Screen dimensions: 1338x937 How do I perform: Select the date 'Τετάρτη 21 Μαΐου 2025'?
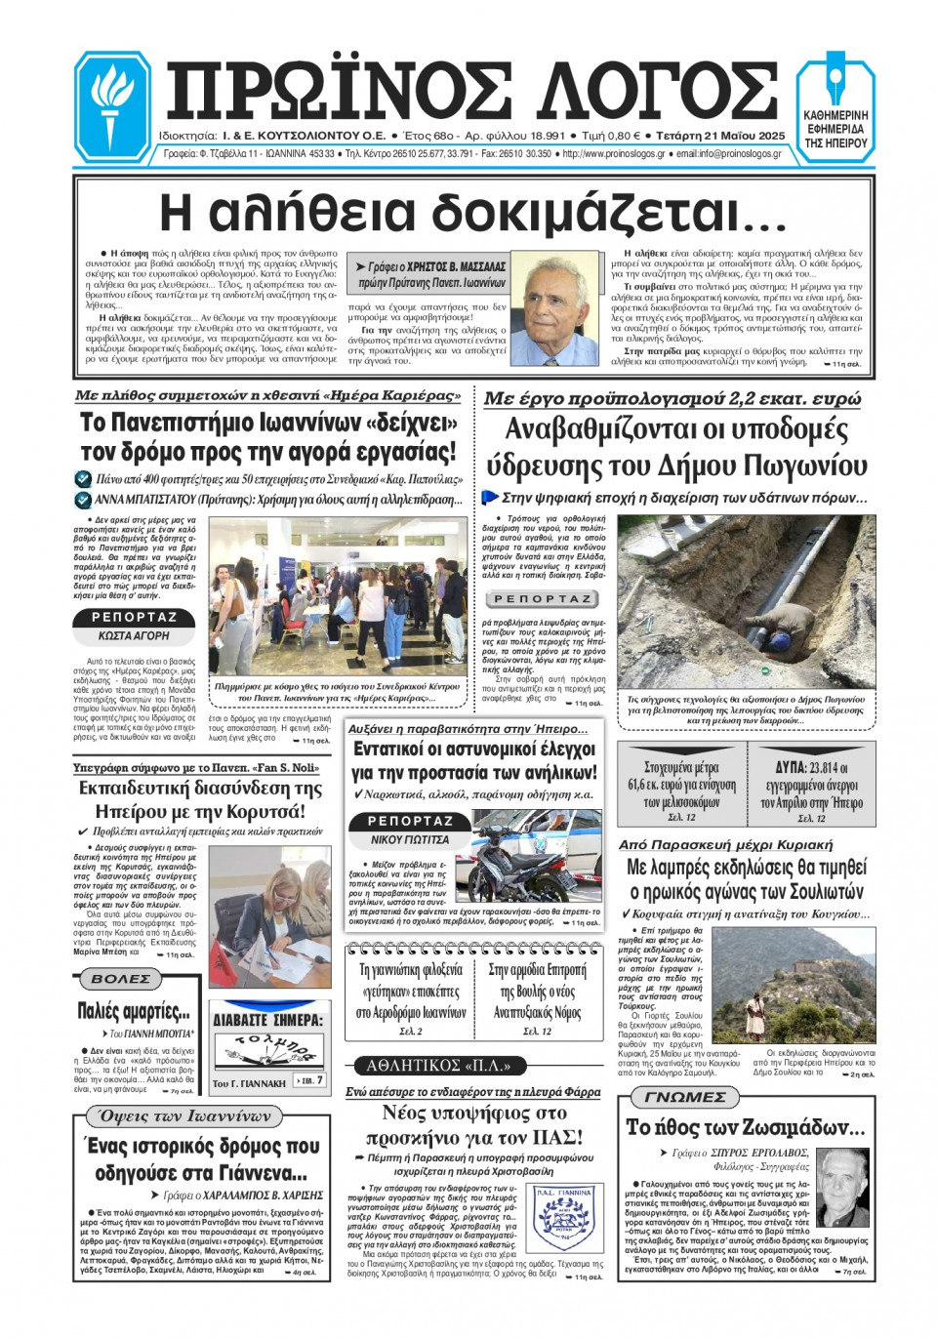720,136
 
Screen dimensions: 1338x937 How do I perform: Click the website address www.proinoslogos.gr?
614,154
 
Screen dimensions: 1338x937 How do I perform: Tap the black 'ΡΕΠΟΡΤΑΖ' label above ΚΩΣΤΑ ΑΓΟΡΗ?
134,618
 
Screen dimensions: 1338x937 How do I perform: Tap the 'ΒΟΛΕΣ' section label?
121,979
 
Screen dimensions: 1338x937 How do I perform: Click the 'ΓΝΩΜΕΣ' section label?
685,1097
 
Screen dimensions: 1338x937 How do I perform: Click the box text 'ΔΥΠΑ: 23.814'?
811,767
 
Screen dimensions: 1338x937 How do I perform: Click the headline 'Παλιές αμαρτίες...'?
134,1010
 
